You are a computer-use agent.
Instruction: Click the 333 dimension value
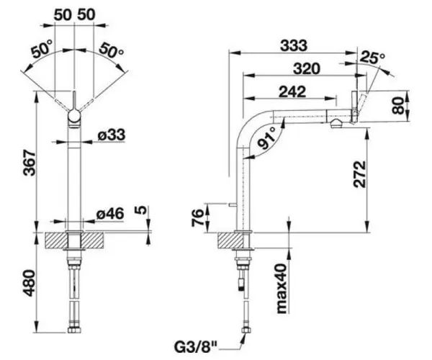tap(293, 45)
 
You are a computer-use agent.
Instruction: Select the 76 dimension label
tap(197, 217)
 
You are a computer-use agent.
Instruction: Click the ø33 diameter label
tap(112, 134)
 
